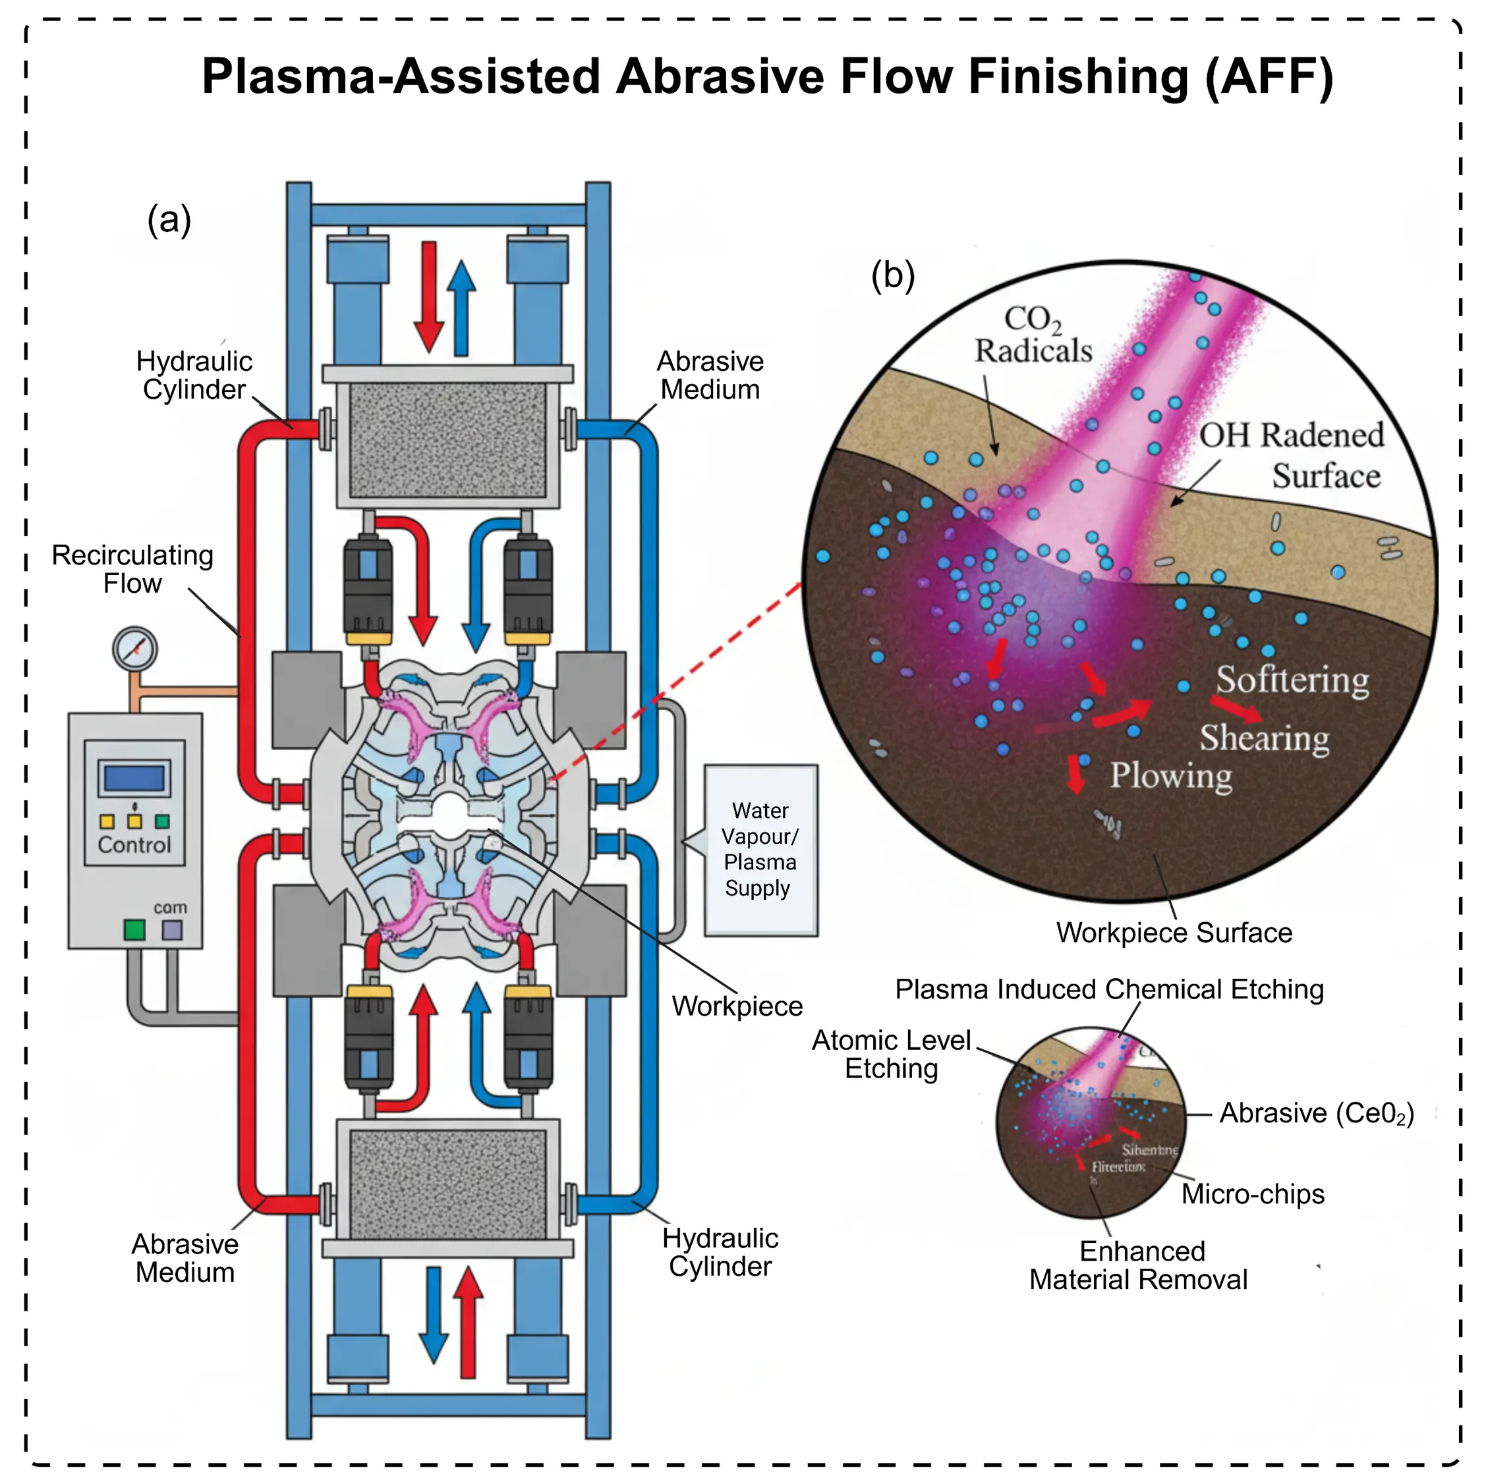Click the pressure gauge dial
[134, 649]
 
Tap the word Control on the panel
[134, 845]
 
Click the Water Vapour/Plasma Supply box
[760, 850]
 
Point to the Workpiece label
[737, 1006]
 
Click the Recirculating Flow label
[132, 569]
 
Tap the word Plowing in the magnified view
[1170, 775]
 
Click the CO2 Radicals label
[1033, 335]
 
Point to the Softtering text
[1292, 680]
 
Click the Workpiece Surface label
[1174, 933]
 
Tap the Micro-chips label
[1253, 1194]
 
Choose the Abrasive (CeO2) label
[1317, 1113]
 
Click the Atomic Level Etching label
[892, 1054]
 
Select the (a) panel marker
[169, 220]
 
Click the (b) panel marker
[893, 275]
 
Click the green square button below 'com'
[134, 929]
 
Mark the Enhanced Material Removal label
[1139, 1265]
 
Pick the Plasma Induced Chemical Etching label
[1109, 989]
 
